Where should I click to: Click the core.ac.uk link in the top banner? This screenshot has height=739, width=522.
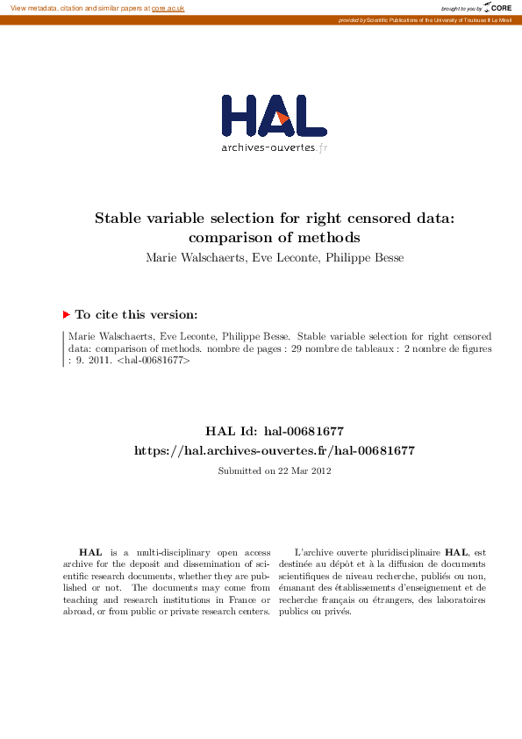point(168,8)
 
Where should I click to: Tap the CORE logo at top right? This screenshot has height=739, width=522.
point(498,8)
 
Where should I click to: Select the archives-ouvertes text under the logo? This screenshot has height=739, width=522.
point(268,147)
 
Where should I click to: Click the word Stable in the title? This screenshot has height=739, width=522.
point(121,219)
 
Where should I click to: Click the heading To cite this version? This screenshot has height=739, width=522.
point(136,314)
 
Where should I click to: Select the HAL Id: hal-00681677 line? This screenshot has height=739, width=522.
point(274,431)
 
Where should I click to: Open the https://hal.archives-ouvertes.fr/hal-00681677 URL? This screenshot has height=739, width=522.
point(274,450)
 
